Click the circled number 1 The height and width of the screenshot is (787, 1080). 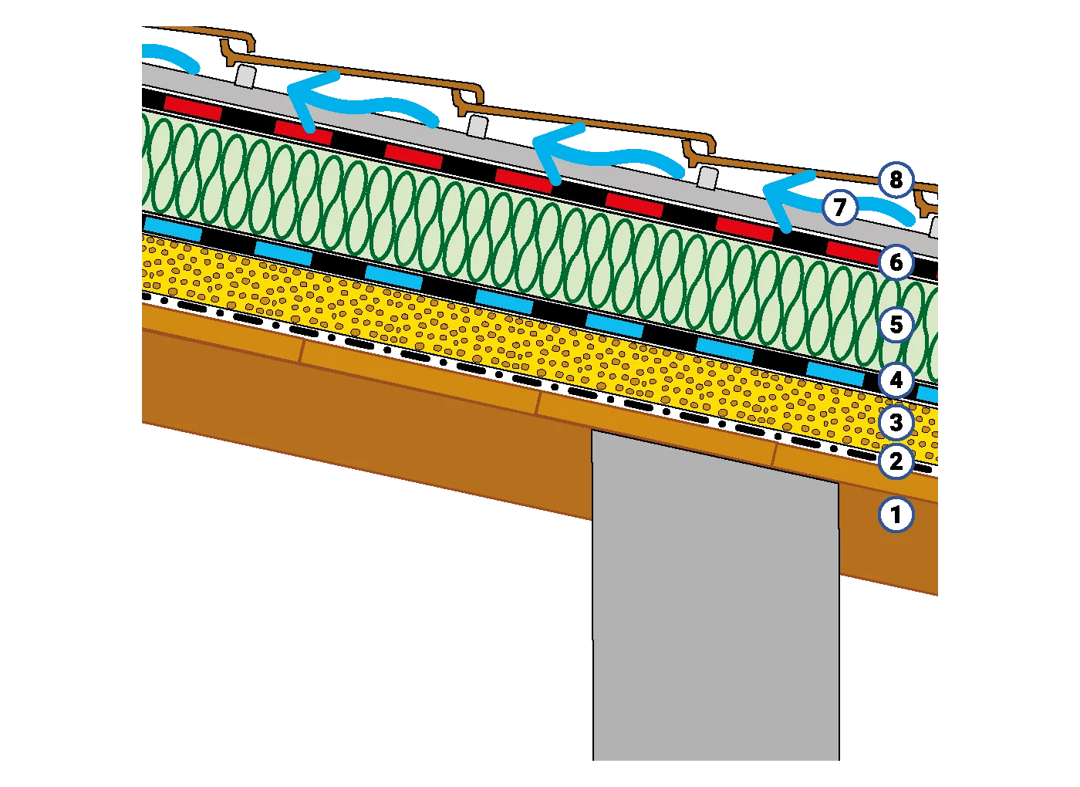(x=896, y=514)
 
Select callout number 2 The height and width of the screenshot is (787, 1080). (x=896, y=461)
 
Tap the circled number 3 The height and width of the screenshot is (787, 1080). (x=896, y=422)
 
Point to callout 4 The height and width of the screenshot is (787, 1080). (x=896, y=380)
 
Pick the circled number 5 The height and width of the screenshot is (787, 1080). (x=896, y=324)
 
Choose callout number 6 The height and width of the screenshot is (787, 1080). (x=896, y=262)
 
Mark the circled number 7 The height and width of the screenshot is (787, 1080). (x=839, y=207)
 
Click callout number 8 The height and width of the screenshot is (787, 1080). (x=895, y=180)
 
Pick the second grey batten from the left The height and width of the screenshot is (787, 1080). (x=478, y=125)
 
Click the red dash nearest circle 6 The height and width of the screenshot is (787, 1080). (x=852, y=250)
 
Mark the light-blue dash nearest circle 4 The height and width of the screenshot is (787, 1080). (x=835, y=373)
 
